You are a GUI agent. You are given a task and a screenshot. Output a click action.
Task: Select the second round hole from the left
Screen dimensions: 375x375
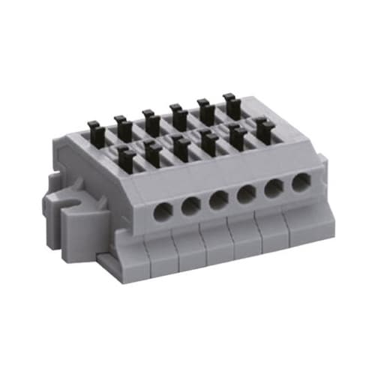[190, 205]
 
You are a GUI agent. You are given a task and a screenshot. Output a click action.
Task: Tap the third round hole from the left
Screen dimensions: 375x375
[218, 199]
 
